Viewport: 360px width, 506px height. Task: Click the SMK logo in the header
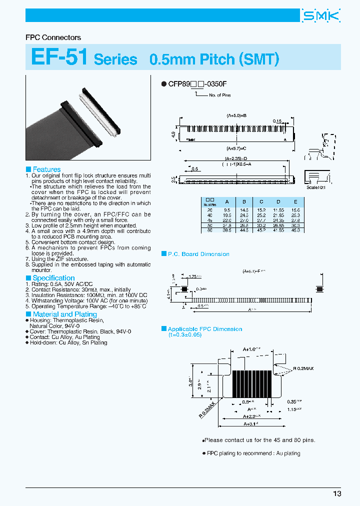click(x=321, y=16)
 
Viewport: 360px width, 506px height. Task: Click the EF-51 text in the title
click(x=59, y=57)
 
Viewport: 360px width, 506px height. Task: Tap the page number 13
click(x=337, y=493)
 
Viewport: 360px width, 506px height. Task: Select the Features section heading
click(x=46, y=169)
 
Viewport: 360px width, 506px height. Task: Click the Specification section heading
click(x=53, y=278)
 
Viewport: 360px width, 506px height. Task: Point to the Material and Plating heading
click(x=64, y=314)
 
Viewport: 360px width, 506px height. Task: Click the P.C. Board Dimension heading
click(x=198, y=254)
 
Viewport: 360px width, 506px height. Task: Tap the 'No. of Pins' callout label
click(x=219, y=95)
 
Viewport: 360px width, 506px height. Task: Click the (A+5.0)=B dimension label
click(x=237, y=115)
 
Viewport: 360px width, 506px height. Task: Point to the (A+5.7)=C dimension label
click(x=237, y=148)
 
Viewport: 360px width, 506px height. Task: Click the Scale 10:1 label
click(x=316, y=187)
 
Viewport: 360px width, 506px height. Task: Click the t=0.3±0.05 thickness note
click(x=185, y=335)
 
